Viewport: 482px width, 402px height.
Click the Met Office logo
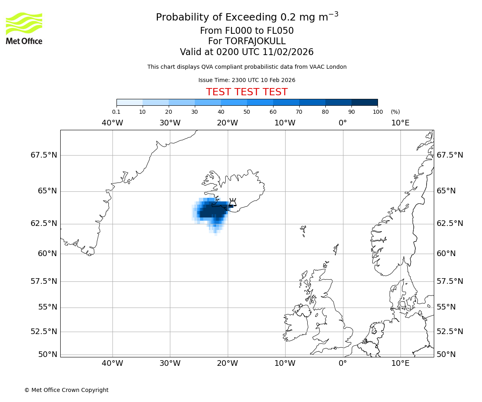[x=24, y=28]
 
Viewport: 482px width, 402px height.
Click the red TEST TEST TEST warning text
[x=247, y=92]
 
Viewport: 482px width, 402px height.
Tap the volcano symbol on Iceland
[x=233, y=202]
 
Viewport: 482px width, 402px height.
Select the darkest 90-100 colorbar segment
[x=364, y=102]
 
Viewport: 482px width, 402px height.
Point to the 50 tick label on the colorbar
[x=247, y=112]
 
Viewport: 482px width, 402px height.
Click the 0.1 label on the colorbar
[x=116, y=112]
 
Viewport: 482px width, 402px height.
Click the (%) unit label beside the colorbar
[x=395, y=112]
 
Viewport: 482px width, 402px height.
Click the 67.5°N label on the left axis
[x=44, y=155]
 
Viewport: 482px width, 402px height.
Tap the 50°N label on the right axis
[x=446, y=354]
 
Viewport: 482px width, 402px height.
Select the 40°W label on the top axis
[x=112, y=123]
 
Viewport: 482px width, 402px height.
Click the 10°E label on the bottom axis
[x=400, y=364]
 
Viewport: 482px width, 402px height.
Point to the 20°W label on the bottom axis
[x=227, y=364]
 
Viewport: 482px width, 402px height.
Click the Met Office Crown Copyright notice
[x=66, y=390]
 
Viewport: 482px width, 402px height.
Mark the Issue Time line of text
[x=247, y=80]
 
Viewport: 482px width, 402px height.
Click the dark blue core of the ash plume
[x=213, y=211]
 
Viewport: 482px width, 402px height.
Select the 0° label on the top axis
[x=343, y=123]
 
